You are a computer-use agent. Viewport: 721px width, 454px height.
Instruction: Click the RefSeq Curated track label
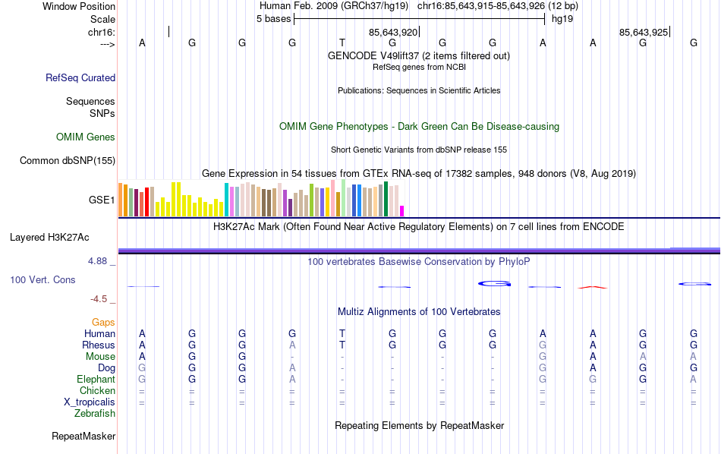click(x=80, y=77)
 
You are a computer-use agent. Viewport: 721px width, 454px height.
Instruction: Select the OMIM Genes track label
click(x=86, y=137)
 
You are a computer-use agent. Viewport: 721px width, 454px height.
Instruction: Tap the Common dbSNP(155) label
click(x=68, y=160)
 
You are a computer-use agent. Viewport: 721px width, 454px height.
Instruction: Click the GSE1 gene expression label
click(x=102, y=200)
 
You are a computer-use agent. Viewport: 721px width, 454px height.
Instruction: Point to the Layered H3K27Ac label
click(x=49, y=237)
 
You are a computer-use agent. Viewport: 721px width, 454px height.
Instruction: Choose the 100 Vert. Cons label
click(x=43, y=280)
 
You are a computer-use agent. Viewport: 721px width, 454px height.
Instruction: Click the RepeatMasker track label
click(x=83, y=437)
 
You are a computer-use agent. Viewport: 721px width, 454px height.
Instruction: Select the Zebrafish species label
click(x=95, y=414)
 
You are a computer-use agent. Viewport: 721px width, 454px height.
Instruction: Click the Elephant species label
click(x=96, y=380)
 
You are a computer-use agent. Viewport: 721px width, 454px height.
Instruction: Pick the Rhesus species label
click(x=99, y=345)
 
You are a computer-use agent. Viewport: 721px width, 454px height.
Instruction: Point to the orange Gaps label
click(x=103, y=323)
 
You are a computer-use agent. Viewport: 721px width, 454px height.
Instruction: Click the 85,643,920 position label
click(x=393, y=33)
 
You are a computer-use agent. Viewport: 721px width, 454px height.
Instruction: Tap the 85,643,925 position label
click(x=644, y=33)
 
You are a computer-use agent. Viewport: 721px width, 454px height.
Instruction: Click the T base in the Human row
click(x=342, y=333)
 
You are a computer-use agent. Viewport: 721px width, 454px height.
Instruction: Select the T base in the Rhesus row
click(x=342, y=345)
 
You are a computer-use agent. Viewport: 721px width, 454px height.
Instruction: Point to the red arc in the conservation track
click(x=593, y=287)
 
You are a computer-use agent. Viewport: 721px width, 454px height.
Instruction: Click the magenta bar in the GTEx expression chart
click(x=402, y=211)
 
